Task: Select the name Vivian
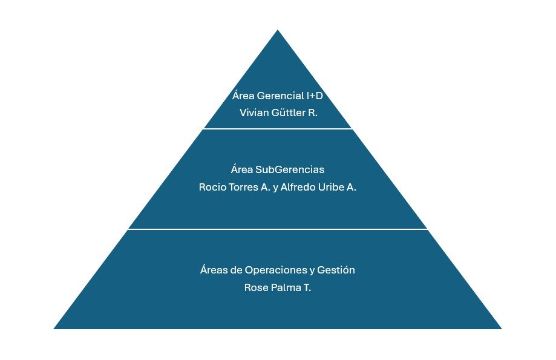tap(253, 113)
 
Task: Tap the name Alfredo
tap(299, 187)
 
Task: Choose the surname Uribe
tap(332, 187)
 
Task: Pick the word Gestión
tap(338, 270)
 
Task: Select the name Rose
tap(255, 287)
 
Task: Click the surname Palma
tap(284, 287)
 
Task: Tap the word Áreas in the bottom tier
tap(212, 270)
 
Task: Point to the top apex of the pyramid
tap(278, 31)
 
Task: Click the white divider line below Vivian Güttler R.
tap(278, 129)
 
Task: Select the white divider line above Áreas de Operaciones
tap(278, 229)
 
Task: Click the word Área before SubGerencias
tap(242, 170)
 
